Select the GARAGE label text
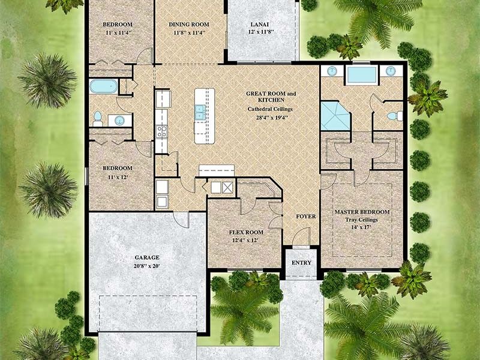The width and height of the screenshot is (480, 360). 147,257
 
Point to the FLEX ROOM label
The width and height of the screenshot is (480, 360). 246,232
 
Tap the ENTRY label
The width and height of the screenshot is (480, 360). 301,263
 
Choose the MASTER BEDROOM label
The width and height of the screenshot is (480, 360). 362,212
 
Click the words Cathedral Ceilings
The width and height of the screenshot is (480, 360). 271,109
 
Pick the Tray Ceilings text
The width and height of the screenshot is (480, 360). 362,220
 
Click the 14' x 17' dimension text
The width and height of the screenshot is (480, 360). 362,228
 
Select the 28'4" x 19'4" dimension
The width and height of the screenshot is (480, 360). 271,118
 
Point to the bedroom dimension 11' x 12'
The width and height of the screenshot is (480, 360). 118,178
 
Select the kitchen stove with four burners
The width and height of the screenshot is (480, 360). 161,131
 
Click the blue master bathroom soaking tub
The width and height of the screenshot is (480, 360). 361,75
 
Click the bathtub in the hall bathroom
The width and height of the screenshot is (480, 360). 104,86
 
